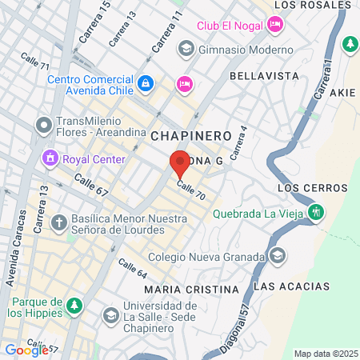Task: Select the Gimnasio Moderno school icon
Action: click(x=186, y=49)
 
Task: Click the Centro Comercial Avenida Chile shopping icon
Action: click(x=145, y=82)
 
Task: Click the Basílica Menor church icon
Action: click(x=58, y=222)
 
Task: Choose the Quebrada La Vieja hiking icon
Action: click(x=317, y=213)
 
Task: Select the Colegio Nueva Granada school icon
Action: click(x=278, y=257)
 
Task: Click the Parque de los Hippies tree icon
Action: click(x=74, y=305)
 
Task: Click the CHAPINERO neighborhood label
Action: click(x=190, y=136)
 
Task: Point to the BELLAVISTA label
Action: click(x=263, y=75)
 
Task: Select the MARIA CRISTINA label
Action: click(x=192, y=288)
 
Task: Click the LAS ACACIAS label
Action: click(x=290, y=286)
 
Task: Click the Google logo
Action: click(x=26, y=350)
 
